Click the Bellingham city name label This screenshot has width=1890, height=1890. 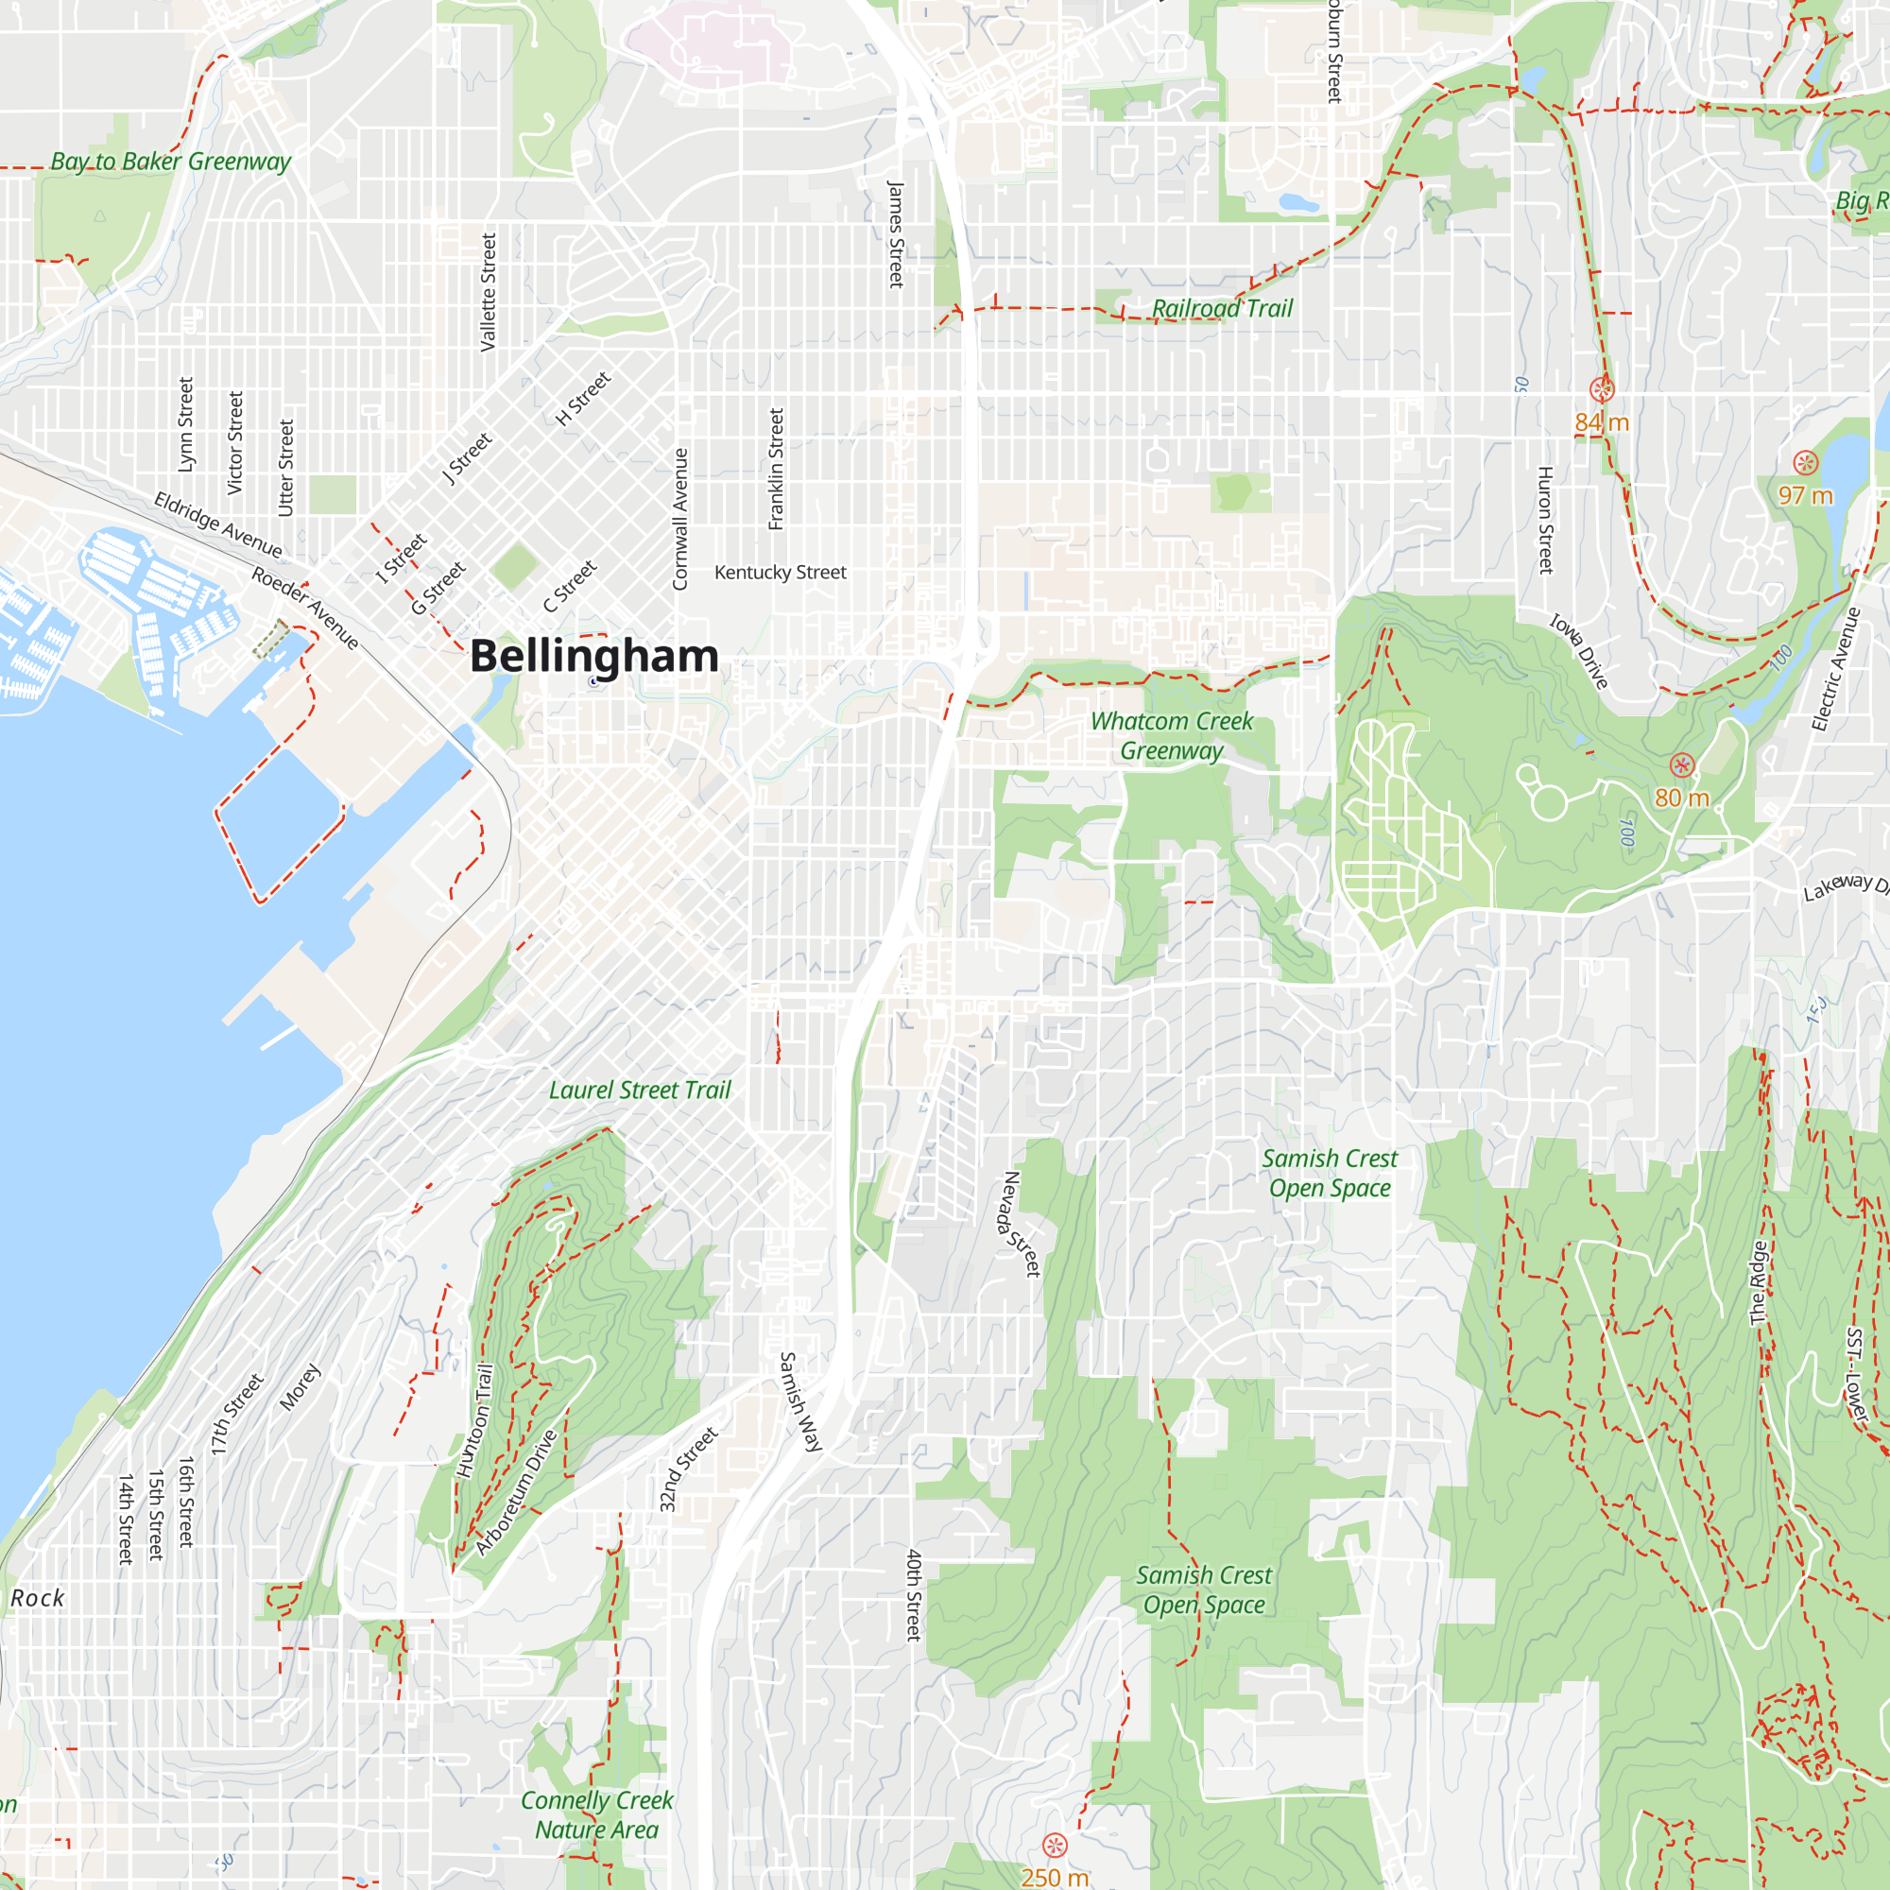pos(593,656)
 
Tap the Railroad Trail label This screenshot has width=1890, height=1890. pos(1222,308)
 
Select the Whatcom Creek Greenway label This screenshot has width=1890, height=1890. pos(1171,735)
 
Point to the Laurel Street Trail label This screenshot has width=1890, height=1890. pos(640,1090)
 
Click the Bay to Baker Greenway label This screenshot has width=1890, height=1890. pos(170,162)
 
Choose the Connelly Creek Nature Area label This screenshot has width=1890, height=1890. pos(596,1814)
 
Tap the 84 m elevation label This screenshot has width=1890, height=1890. pos(1602,422)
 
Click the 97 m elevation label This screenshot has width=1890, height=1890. pos(1805,495)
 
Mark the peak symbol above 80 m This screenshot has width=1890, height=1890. pos(1682,765)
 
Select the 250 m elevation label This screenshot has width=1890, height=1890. pos(1055,1878)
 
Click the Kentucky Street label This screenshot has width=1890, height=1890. pos(780,573)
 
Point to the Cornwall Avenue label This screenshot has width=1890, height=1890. pos(679,519)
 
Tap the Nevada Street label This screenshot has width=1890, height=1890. pos(1022,1224)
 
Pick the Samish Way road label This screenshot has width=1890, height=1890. pos(800,1401)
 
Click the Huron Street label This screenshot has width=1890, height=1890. pos(1545,520)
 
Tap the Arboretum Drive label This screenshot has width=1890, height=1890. pos(517,1492)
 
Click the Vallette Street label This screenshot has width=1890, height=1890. pos(489,291)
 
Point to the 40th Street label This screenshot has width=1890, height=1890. pos(913,1594)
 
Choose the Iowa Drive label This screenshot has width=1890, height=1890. pos(1579,650)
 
